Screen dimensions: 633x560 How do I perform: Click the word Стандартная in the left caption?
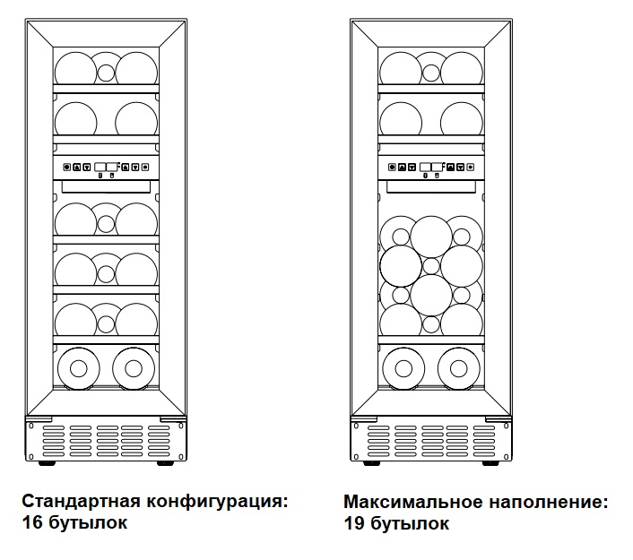click(82, 502)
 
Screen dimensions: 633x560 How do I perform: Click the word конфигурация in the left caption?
click(217, 503)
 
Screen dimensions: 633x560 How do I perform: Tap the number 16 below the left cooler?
click(32, 523)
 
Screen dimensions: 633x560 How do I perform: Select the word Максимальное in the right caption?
click(413, 503)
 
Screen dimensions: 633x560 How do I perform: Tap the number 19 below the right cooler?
click(354, 523)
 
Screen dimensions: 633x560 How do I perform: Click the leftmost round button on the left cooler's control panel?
click(67, 167)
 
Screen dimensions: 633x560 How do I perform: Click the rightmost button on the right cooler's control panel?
click(471, 167)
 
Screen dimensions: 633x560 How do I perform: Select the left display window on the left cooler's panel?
click(100, 167)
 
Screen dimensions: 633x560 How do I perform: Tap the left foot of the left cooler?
click(47, 463)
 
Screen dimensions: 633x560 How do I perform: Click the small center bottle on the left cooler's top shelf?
click(106, 73)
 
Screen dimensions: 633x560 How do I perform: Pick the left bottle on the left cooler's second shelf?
click(75, 118)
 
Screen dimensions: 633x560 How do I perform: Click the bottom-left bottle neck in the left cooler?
click(78, 368)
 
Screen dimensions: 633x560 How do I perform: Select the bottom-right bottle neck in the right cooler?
click(458, 368)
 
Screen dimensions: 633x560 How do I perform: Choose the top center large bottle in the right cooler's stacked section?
click(431, 237)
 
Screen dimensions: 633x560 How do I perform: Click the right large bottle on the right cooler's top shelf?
click(462, 68)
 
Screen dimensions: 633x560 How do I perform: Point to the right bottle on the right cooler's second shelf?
click(462, 118)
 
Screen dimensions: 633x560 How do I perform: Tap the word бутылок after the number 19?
click(410, 523)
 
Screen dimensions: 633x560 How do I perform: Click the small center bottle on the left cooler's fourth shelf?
click(106, 274)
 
